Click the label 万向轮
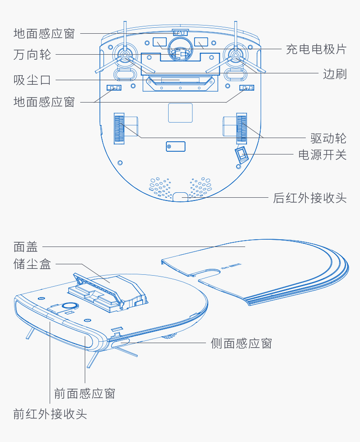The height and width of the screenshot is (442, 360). [32, 54]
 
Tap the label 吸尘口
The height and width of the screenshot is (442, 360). [32, 80]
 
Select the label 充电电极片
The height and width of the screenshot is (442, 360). [316, 49]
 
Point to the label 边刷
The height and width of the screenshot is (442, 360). [334, 74]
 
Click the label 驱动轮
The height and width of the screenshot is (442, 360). [329, 138]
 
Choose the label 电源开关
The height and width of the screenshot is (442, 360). [322, 155]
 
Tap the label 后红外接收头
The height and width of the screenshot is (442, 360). [309, 198]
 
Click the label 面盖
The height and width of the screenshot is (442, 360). [26, 247]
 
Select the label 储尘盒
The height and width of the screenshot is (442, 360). [32, 264]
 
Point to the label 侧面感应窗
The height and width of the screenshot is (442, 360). [242, 343]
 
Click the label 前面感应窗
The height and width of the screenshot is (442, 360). [85, 394]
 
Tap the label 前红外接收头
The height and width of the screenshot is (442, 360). [50, 414]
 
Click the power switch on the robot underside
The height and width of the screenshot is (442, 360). [242, 154]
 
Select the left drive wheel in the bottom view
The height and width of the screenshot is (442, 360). [119, 128]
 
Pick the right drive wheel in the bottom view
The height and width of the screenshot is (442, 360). [242, 128]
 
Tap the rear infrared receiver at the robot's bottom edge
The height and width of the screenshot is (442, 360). [180, 197]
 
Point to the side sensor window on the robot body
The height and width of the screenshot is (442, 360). [120, 343]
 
